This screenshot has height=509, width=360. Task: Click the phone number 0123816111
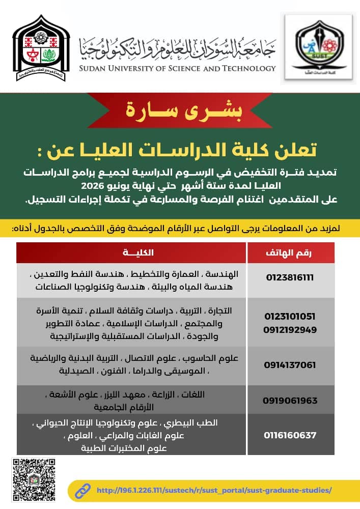tap(290, 277)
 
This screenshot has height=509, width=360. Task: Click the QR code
tap(33, 479)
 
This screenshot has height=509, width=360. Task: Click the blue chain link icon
tap(83, 490)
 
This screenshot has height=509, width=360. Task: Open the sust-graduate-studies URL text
tap(214, 491)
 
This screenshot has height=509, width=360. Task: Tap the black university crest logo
tap(41, 48)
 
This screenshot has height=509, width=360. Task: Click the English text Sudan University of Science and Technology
tap(178, 68)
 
